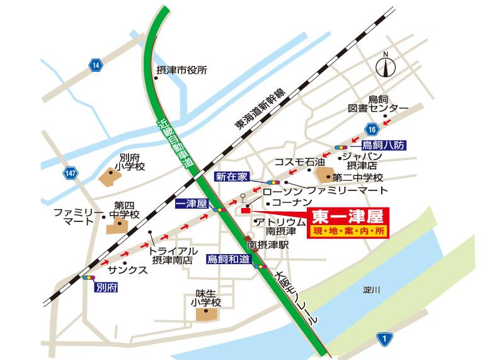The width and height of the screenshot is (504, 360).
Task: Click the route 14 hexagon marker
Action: pos(94,66)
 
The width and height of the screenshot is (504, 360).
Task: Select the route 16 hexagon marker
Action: pos(374,130)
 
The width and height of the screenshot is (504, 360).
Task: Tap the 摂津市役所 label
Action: pos(181,71)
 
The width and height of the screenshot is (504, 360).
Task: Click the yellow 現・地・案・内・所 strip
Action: pos(348,232)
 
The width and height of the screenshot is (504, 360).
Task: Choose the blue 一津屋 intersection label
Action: pos(191,204)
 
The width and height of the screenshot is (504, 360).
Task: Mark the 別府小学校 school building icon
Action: pos(109,179)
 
